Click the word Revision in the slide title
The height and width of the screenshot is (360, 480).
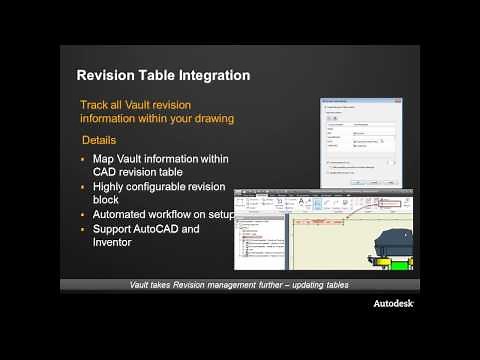click(110, 75)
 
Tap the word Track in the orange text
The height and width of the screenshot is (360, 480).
click(97, 103)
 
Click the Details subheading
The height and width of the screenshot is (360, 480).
click(99, 142)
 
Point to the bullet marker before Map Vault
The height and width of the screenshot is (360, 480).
click(84, 159)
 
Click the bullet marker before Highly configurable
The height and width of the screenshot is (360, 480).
click(84, 187)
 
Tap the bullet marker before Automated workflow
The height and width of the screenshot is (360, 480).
click(84, 215)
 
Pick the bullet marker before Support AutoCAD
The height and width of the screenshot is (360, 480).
click(84, 230)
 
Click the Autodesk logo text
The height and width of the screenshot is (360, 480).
click(394, 303)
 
